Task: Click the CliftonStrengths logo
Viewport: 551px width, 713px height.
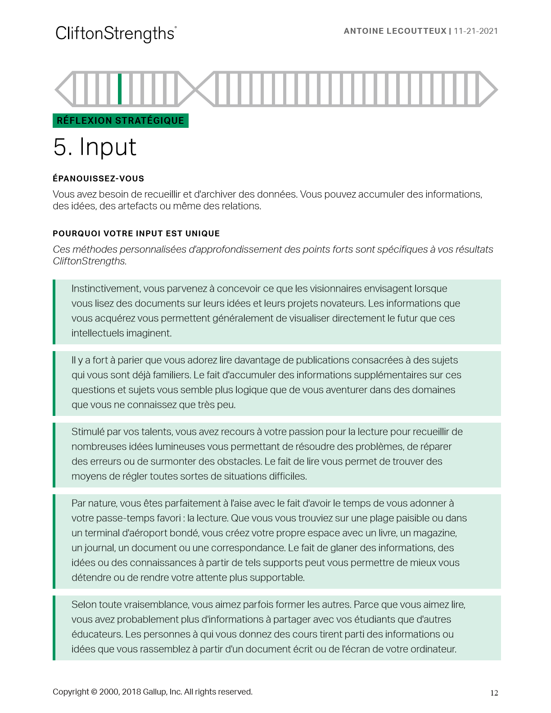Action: pos(116,34)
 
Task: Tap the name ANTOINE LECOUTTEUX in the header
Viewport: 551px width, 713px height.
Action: pos(395,31)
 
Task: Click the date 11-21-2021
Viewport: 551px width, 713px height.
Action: pos(476,31)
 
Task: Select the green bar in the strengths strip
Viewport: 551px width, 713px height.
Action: pos(120,89)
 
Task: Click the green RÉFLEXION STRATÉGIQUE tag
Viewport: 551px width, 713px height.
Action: pos(120,121)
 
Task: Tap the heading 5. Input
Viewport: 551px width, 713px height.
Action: pos(95,147)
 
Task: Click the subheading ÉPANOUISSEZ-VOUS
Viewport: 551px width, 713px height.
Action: pos(98,179)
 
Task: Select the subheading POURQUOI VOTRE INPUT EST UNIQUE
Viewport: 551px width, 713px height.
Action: pos(136,234)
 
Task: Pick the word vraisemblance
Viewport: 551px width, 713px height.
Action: pos(151,605)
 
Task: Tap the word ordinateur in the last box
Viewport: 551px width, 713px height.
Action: pos(433,649)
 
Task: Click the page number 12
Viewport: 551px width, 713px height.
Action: pos(494,693)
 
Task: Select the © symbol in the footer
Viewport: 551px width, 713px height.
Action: pos(94,692)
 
